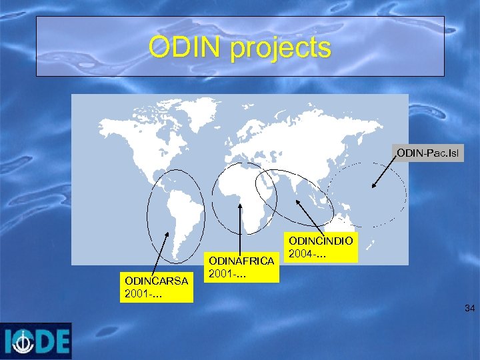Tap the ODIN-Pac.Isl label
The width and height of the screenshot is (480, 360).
click(427, 153)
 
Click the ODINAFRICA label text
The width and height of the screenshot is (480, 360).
click(241, 261)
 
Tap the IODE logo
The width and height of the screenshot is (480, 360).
click(36, 341)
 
